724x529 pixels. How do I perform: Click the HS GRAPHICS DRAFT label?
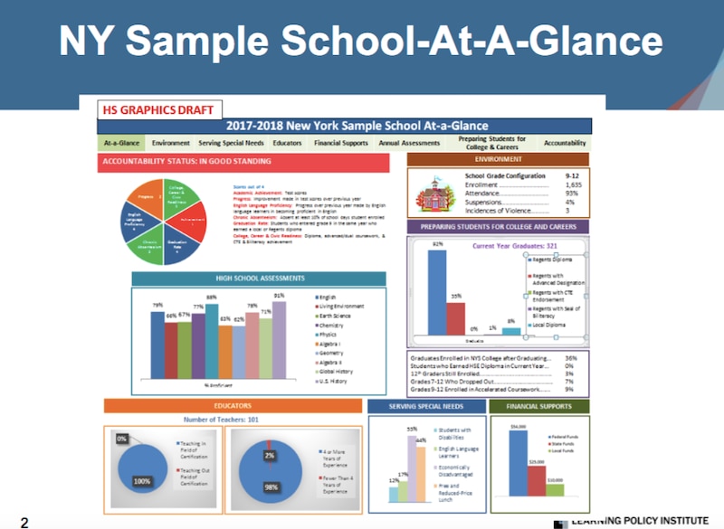(x=159, y=110)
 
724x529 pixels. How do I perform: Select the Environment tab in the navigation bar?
(x=171, y=143)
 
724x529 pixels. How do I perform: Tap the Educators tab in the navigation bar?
(x=288, y=143)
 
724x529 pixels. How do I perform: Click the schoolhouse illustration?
(x=433, y=193)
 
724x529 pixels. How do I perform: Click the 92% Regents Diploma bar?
(x=438, y=290)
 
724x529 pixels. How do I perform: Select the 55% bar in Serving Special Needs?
(x=411, y=468)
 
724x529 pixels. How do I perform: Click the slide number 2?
(x=24, y=521)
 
